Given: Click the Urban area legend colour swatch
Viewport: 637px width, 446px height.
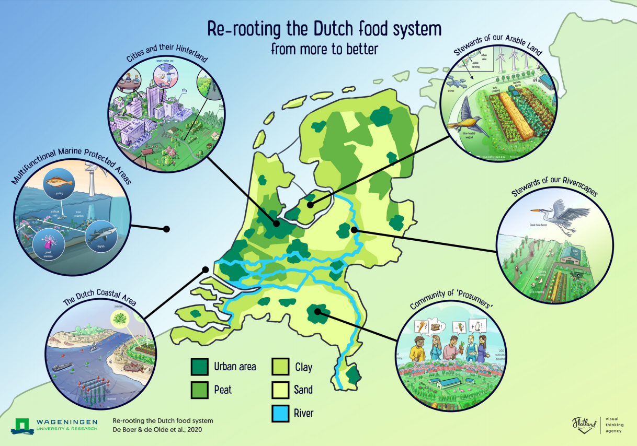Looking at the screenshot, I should point(199,367).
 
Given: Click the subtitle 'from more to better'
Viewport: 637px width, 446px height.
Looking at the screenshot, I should point(324,49).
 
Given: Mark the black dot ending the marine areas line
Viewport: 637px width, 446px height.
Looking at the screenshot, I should point(167,229).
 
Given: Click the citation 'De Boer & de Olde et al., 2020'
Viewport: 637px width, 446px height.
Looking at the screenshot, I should point(157,430).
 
